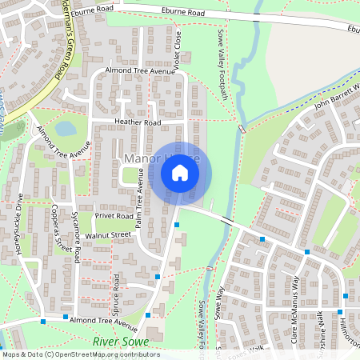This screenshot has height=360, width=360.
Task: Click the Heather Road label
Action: (x=138, y=122)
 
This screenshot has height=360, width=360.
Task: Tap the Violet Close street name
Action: (x=178, y=50)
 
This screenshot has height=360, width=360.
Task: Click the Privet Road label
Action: (x=114, y=216)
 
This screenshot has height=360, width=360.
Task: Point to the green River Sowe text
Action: (x=116, y=341)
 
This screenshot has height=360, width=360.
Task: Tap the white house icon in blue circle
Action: (x=180, y=173)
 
